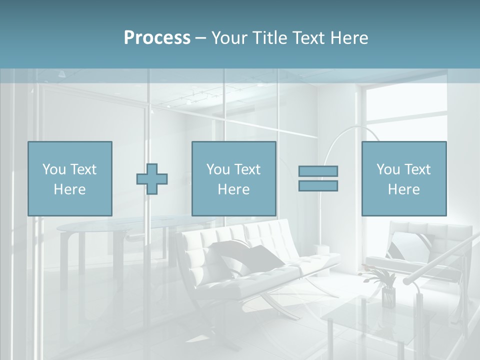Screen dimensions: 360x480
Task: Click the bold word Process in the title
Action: (x=157, y=37)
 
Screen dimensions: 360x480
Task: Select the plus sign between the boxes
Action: (x=152, y=178)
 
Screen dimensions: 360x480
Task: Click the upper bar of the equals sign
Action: (x=318, y=171)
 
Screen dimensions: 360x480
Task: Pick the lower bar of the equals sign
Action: (x=318, y=185)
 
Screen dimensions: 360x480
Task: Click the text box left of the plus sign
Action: (x=69, y=178)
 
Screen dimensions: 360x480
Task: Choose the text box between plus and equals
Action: (x=233, y=178)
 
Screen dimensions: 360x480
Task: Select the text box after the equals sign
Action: (x=403, y=178)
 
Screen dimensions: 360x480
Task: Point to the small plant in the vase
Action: (x=383, y=280)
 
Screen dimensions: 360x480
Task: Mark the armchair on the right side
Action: (x=425, y=250)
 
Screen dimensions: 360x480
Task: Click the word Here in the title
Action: (x=349, y=37)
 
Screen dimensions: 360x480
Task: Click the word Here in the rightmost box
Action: (x=403, y=189)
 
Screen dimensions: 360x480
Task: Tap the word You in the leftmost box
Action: (x=54, y=169)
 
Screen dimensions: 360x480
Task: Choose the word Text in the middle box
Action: (x=247, y=169)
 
